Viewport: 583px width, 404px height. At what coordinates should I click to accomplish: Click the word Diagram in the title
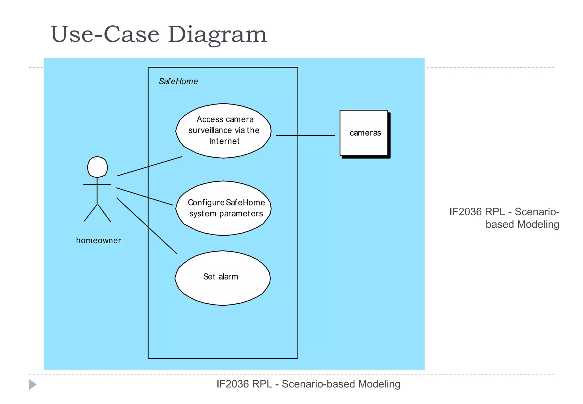[x=217, y=35]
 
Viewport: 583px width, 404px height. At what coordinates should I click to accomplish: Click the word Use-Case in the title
[x=105, y=35]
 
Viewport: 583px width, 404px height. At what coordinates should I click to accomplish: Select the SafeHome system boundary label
[x=178, y=81]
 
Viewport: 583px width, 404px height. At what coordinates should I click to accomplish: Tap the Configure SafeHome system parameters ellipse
[x=223, y=225]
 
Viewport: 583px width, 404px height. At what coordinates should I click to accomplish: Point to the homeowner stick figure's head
[x=97, y=167]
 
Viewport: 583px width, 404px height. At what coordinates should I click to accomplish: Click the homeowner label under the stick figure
[x=98, y=240]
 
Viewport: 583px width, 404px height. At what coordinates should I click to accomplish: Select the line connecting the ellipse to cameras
[x=305, y=136]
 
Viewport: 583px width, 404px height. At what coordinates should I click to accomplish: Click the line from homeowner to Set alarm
[x=147, y=226]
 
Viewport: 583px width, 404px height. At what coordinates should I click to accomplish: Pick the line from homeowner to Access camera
[x=149, y=166]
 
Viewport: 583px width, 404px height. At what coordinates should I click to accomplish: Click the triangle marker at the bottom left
[x=32, y=384]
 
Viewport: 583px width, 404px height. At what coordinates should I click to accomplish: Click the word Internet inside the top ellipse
[x=225, y=141]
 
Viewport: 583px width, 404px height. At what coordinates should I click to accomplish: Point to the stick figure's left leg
[x=91, y=213]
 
